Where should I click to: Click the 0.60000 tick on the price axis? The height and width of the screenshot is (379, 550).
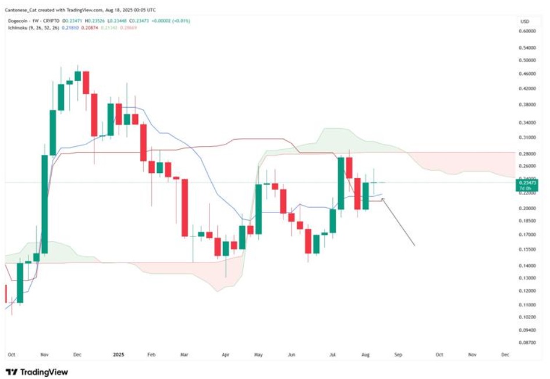[528, 31]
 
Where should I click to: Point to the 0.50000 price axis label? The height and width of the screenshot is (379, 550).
[528, 60]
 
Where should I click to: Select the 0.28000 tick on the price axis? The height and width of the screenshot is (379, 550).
[528, 154]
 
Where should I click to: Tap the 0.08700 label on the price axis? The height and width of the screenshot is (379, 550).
[528, 343]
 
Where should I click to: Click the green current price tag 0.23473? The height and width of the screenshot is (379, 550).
[527, 183]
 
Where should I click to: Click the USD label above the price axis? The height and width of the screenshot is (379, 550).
[524, 22]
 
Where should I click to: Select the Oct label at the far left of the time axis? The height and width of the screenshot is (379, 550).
[10, 354]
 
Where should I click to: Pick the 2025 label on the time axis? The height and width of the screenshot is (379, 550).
[118, 354]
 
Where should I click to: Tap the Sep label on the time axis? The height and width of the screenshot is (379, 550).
[398, 354]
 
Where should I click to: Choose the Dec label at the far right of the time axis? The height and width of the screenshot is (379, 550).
[505, 354]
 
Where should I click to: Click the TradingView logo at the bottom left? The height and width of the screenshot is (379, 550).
[37, 371]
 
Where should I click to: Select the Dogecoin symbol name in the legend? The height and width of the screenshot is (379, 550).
[20, 21]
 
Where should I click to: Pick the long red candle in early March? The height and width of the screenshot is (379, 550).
[184, 208]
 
